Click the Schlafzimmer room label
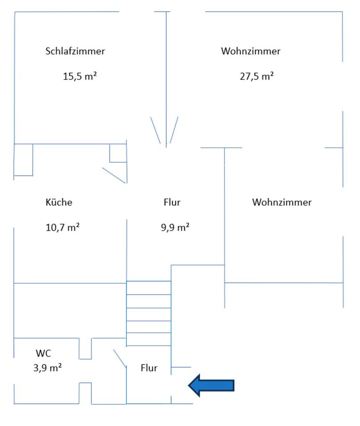click(75, 51)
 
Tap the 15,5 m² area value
click(80, 76)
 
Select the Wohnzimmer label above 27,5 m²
click(251, 51)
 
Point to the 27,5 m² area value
click(257, 76)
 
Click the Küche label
click(59, 202)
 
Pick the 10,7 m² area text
click(63, 228)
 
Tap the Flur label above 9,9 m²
click(172, 202)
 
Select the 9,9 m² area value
click(175, 228)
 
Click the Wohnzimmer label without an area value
click(282, 202)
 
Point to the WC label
click(44, 354)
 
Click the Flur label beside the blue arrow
click(149, 368)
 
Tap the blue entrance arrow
click(212, 385)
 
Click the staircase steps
click(149, 313)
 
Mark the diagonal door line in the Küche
click(115, 175)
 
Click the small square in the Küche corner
click(118, 153)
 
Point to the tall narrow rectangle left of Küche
click(24, 160)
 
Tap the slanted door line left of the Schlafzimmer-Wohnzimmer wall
click(155, 130)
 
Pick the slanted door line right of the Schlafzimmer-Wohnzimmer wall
click(174, 130)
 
